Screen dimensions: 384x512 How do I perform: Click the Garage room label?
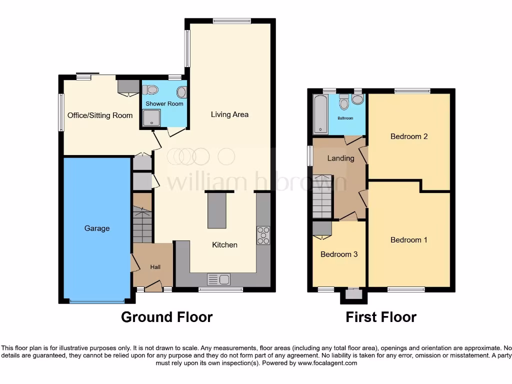coord(97,228)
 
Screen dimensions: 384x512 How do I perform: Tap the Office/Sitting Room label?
coord(100,115)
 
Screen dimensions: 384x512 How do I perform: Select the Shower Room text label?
coord(164,104)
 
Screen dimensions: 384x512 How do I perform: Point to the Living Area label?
coord(229,114)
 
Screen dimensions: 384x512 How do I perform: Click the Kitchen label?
coord(224,245)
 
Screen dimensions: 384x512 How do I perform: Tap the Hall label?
coord(155,267)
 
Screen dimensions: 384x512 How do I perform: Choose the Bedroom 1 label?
coord(408,240)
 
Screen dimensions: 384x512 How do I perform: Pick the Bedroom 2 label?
coord(408,136)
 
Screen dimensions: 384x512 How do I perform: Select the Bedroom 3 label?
coord(339,254)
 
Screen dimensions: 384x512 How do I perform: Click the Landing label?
coord(340,158)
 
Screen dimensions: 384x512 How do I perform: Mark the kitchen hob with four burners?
coord(263,235)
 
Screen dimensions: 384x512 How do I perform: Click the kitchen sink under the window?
coord(218,279)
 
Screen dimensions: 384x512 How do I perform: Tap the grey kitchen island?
coord(217,211)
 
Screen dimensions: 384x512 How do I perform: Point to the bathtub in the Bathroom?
coord(320,114)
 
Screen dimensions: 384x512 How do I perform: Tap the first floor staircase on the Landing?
coord(322,196)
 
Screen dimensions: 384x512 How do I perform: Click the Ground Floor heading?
coord(166,317)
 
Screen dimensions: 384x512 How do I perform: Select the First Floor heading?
coord(380,317)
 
